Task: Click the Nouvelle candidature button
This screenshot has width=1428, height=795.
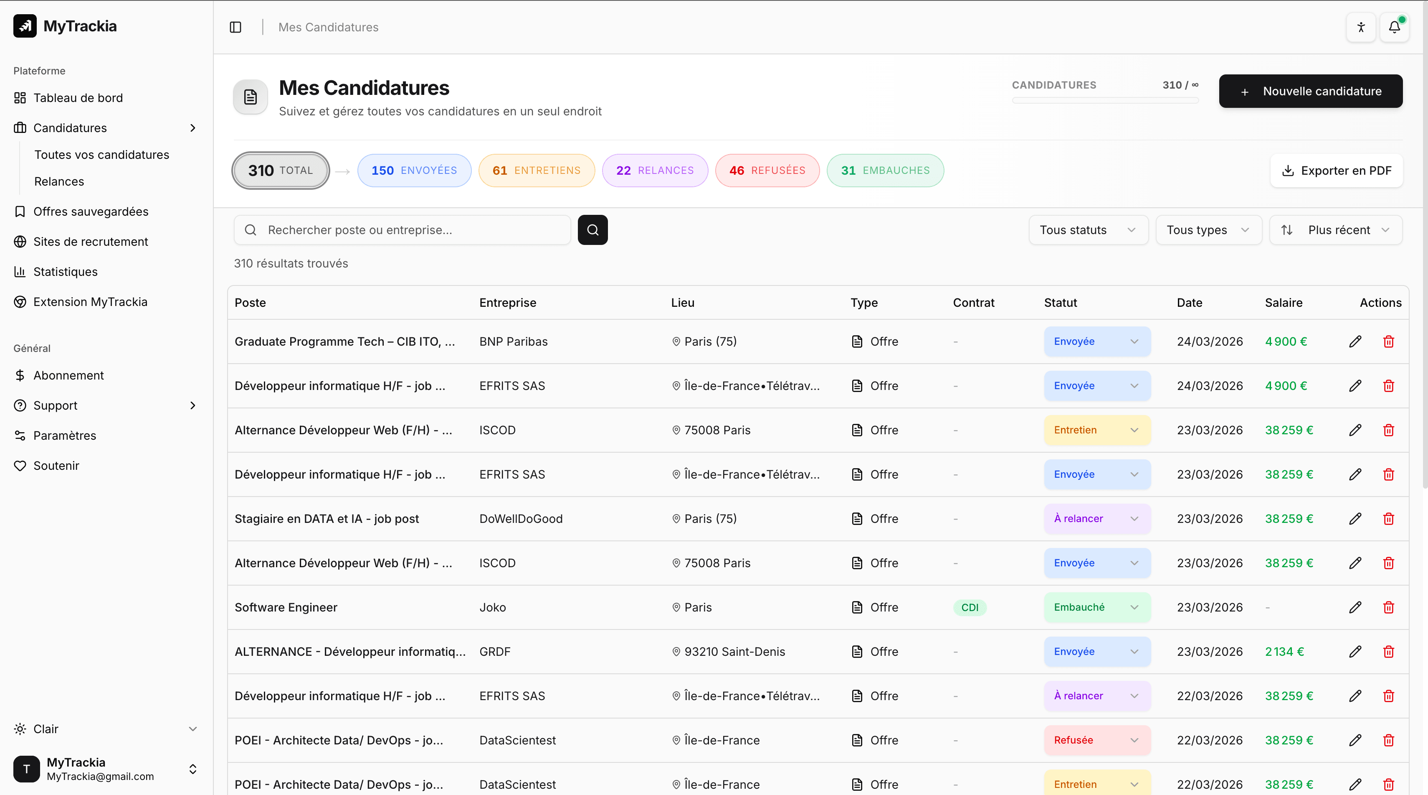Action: coord(1311,91)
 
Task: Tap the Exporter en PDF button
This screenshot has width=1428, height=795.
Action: coord(1336,170)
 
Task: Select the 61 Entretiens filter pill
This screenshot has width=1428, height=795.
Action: coord(536,170)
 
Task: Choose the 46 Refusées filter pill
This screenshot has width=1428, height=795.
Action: coord(767,170)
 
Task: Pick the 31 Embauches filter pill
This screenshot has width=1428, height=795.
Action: coord(885,170)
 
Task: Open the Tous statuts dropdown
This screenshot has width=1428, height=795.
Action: coord(1088,229)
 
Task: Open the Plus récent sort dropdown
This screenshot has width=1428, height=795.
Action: coord(1336,229)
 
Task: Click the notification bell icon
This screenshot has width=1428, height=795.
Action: coord(1394,27)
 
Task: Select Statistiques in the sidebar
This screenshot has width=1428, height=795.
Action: coord(66,272)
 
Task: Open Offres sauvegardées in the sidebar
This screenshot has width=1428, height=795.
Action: coord(91,211)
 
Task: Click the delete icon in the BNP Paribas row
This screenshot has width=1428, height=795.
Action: coord(1388,341)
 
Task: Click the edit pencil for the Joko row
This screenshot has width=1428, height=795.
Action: coord(1355,607)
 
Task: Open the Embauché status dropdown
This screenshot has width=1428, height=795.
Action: coord(1096,607)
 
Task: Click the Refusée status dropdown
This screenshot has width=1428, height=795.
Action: coord(1096,740)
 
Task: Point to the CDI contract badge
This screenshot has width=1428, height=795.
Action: coord(970,607)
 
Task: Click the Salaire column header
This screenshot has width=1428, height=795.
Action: coord(1283,302)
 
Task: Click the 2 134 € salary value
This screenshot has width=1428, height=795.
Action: coord(1284,651)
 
